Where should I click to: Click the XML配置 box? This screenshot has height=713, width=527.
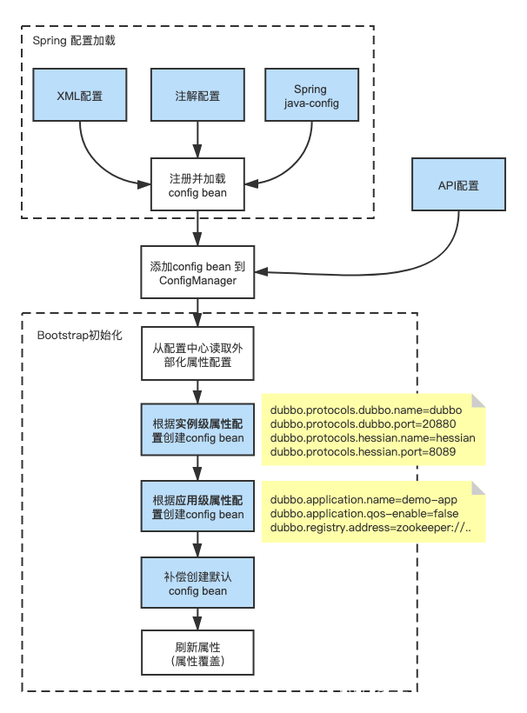79,96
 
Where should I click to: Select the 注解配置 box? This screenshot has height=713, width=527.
197,96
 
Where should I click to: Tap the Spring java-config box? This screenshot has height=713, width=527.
310,96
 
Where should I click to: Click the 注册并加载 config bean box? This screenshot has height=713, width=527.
197,185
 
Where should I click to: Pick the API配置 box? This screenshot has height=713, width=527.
458,185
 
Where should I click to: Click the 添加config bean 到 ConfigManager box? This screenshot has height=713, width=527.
197,273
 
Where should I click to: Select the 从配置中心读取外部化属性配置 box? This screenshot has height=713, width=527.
197,355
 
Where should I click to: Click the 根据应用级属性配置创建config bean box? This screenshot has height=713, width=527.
197,507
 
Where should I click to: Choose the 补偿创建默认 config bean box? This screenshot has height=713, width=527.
197,583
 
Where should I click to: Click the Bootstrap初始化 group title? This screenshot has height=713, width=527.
80,335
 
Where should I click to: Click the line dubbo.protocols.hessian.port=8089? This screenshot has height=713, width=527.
363,452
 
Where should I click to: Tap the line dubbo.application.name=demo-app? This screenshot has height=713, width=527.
364,500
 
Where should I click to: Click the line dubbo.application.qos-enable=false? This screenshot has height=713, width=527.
364,514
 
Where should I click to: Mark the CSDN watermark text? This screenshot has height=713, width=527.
412,693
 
